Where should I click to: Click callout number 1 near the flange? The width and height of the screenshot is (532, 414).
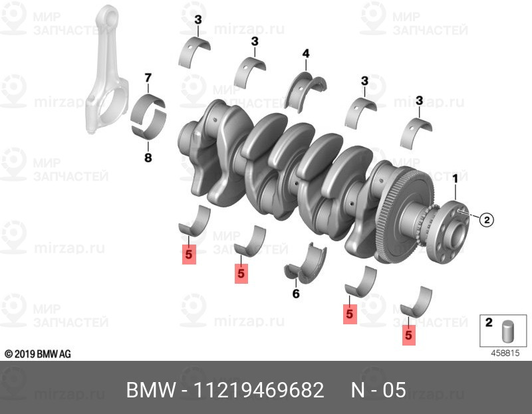[x=455, y=179]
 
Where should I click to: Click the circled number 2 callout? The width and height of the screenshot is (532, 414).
[x=485, y=219]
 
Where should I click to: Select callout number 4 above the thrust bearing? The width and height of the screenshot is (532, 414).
[x=306, y=53]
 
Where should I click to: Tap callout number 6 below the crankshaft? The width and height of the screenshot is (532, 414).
[x=296, y=293]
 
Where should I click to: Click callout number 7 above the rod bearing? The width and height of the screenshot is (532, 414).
[x=148, y=78]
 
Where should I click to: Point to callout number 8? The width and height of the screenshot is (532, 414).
[x=148, y=157]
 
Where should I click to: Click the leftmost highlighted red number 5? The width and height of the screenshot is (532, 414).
[x=189, y=254]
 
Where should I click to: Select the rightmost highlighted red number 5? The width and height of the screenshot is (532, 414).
[x=409, y=336]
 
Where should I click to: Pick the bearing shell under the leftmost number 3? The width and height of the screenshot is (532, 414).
[x=195, y=52]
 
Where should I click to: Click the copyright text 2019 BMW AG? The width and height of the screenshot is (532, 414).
[x=37, y=354]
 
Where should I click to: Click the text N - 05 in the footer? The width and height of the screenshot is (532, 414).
[x=378, y=389]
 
